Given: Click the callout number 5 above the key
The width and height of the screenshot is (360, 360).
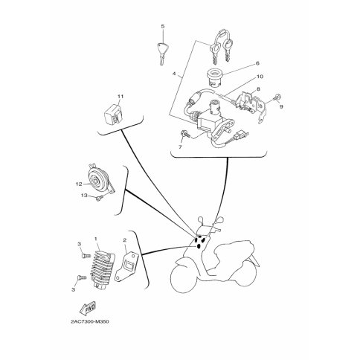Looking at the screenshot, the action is [x=163, y=27].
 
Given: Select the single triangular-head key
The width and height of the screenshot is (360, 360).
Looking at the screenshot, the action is [x=161, y=54].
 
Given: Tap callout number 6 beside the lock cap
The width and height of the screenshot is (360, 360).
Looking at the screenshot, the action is [x=257, y=63].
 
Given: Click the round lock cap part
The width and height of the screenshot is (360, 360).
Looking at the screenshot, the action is [x=215, y=77].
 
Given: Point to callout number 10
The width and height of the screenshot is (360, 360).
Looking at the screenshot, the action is [x=260, y=77].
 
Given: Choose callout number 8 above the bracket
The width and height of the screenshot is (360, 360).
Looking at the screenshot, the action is [x=258, y=89].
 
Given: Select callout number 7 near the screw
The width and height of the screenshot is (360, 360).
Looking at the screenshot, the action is [x=180, y=147].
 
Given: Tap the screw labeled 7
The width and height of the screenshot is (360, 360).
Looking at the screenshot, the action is [x=185, y=134].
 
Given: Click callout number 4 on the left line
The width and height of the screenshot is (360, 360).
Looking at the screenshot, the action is [x=174, y=74].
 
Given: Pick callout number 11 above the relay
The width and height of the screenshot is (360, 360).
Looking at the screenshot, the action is [x=120, y=96].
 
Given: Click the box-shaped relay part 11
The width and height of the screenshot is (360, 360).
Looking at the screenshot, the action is [x=113, y=115].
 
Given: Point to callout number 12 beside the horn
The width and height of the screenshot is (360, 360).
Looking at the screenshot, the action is [x=79, y=184].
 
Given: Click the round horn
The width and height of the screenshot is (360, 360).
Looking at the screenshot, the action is [x=100, y=180].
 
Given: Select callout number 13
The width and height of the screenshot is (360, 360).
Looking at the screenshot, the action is [x=84, y=196].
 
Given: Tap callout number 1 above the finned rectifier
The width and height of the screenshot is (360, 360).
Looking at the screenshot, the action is [x=95, y=239].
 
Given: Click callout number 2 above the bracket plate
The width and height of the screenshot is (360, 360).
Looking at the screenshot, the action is [x=125, y=240].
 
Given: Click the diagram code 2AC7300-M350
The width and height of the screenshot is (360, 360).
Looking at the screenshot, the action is [x=90, y=322].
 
